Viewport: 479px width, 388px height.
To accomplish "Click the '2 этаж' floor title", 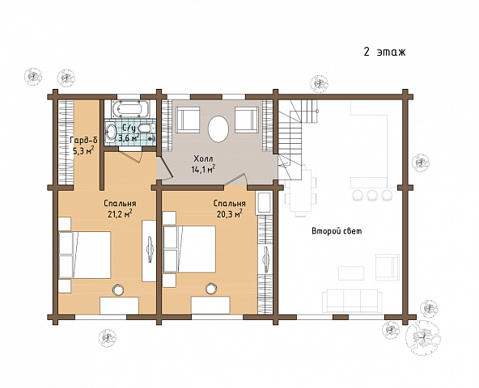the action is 384,52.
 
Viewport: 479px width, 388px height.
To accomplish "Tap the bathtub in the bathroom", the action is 130,109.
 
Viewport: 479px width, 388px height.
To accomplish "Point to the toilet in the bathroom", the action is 146,128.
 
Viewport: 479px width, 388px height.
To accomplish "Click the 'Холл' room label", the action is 203,158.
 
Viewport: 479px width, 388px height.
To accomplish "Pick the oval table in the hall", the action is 218,129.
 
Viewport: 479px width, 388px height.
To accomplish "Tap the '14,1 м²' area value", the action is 203,169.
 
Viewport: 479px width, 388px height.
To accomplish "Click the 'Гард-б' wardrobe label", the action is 83,140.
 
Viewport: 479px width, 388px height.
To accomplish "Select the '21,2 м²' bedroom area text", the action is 120,213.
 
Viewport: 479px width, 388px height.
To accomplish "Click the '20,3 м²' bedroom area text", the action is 230,213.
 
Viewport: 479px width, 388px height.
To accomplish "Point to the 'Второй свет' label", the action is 337,231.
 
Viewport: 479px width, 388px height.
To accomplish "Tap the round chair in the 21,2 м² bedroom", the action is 117,289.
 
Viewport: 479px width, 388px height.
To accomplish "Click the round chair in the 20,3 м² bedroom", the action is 211,289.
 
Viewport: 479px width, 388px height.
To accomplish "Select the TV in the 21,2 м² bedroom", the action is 150,249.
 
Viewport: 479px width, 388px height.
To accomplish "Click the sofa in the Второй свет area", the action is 352,301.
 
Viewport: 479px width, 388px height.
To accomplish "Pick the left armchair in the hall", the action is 188,120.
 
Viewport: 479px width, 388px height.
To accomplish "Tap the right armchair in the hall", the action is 247,120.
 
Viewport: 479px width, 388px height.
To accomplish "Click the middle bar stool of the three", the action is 372,195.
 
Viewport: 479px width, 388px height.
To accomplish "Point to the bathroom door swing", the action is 129,154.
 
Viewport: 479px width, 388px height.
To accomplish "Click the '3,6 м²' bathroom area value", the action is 129,138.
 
